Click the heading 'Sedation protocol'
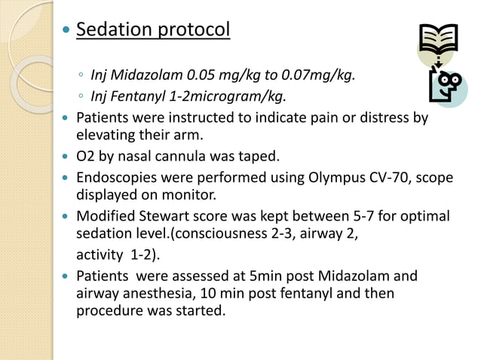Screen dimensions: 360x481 click(x=153, y=31)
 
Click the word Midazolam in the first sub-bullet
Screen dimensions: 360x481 click(x=140, y=75)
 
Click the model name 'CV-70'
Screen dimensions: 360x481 click(x=391, y=178)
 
